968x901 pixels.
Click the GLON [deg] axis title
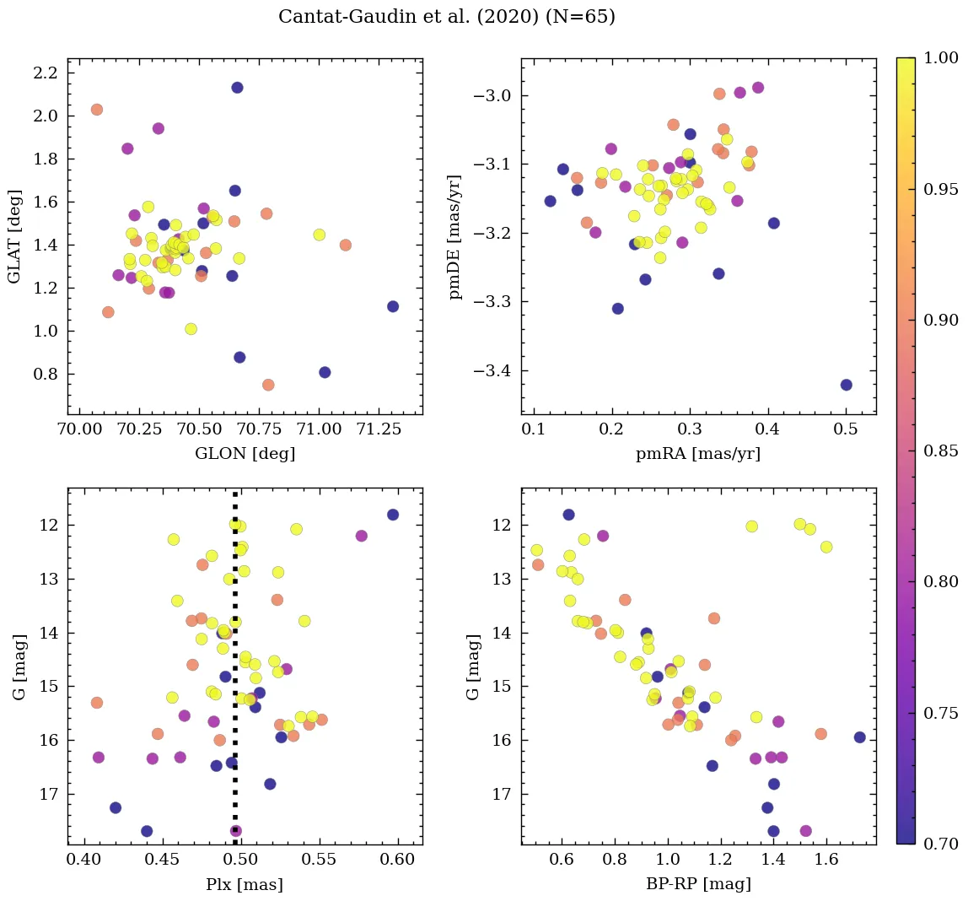(245, 454)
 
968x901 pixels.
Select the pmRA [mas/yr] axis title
(698, 454)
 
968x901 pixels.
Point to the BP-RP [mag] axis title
(698, 884)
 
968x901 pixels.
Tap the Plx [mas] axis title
(245, 884)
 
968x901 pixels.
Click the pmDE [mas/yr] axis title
(456, 236)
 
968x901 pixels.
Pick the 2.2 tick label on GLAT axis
(46, 73)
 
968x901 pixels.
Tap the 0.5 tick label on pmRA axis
(846, 429)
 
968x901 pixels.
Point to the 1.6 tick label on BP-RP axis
(826, 860)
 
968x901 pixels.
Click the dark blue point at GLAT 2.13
(237, 88)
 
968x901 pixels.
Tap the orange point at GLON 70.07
(97, 110)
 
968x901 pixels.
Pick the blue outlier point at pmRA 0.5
(847, 385)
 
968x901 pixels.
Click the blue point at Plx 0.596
(393, 515)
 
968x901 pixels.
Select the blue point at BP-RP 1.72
(859, 737)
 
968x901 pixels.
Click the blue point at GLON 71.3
(393, 306)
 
